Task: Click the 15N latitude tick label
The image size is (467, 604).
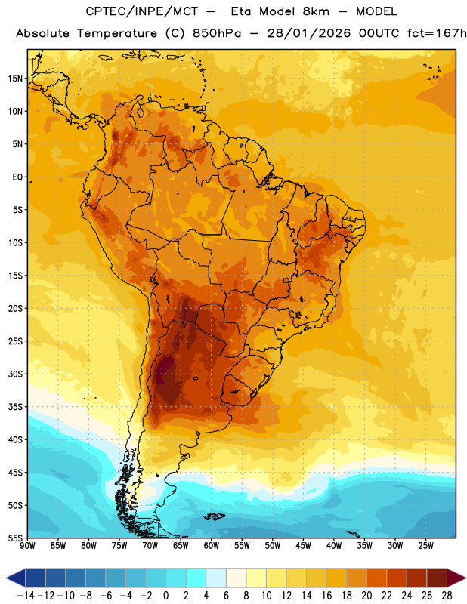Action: [15, 79]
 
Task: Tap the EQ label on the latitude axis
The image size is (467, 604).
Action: [17, 177]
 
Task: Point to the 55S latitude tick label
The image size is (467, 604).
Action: [15, 538]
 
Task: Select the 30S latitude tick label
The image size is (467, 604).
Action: [15, 374]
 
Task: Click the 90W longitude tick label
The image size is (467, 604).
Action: [27, 546]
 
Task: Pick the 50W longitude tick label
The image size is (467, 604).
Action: [273, 546]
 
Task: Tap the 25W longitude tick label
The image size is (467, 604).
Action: [425, 546]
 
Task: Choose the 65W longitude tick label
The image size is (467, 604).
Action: [181, 546]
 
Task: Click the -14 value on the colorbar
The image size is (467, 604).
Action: [26, 596]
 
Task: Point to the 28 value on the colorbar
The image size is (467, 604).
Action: [447, 596]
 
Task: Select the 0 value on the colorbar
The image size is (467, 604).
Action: [165, 596]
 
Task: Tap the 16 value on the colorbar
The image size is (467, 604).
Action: [326, 596]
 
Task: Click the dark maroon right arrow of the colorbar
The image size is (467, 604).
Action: [456, 578]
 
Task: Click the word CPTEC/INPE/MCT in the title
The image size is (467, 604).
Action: [142, 11]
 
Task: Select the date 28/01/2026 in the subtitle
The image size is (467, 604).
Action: [309, 33]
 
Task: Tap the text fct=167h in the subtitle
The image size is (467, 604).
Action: [437, 33]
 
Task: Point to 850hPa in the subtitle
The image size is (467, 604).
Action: [217, 33]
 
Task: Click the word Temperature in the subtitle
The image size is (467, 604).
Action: [117, 33]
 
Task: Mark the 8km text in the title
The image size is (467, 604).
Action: [316, 11]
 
